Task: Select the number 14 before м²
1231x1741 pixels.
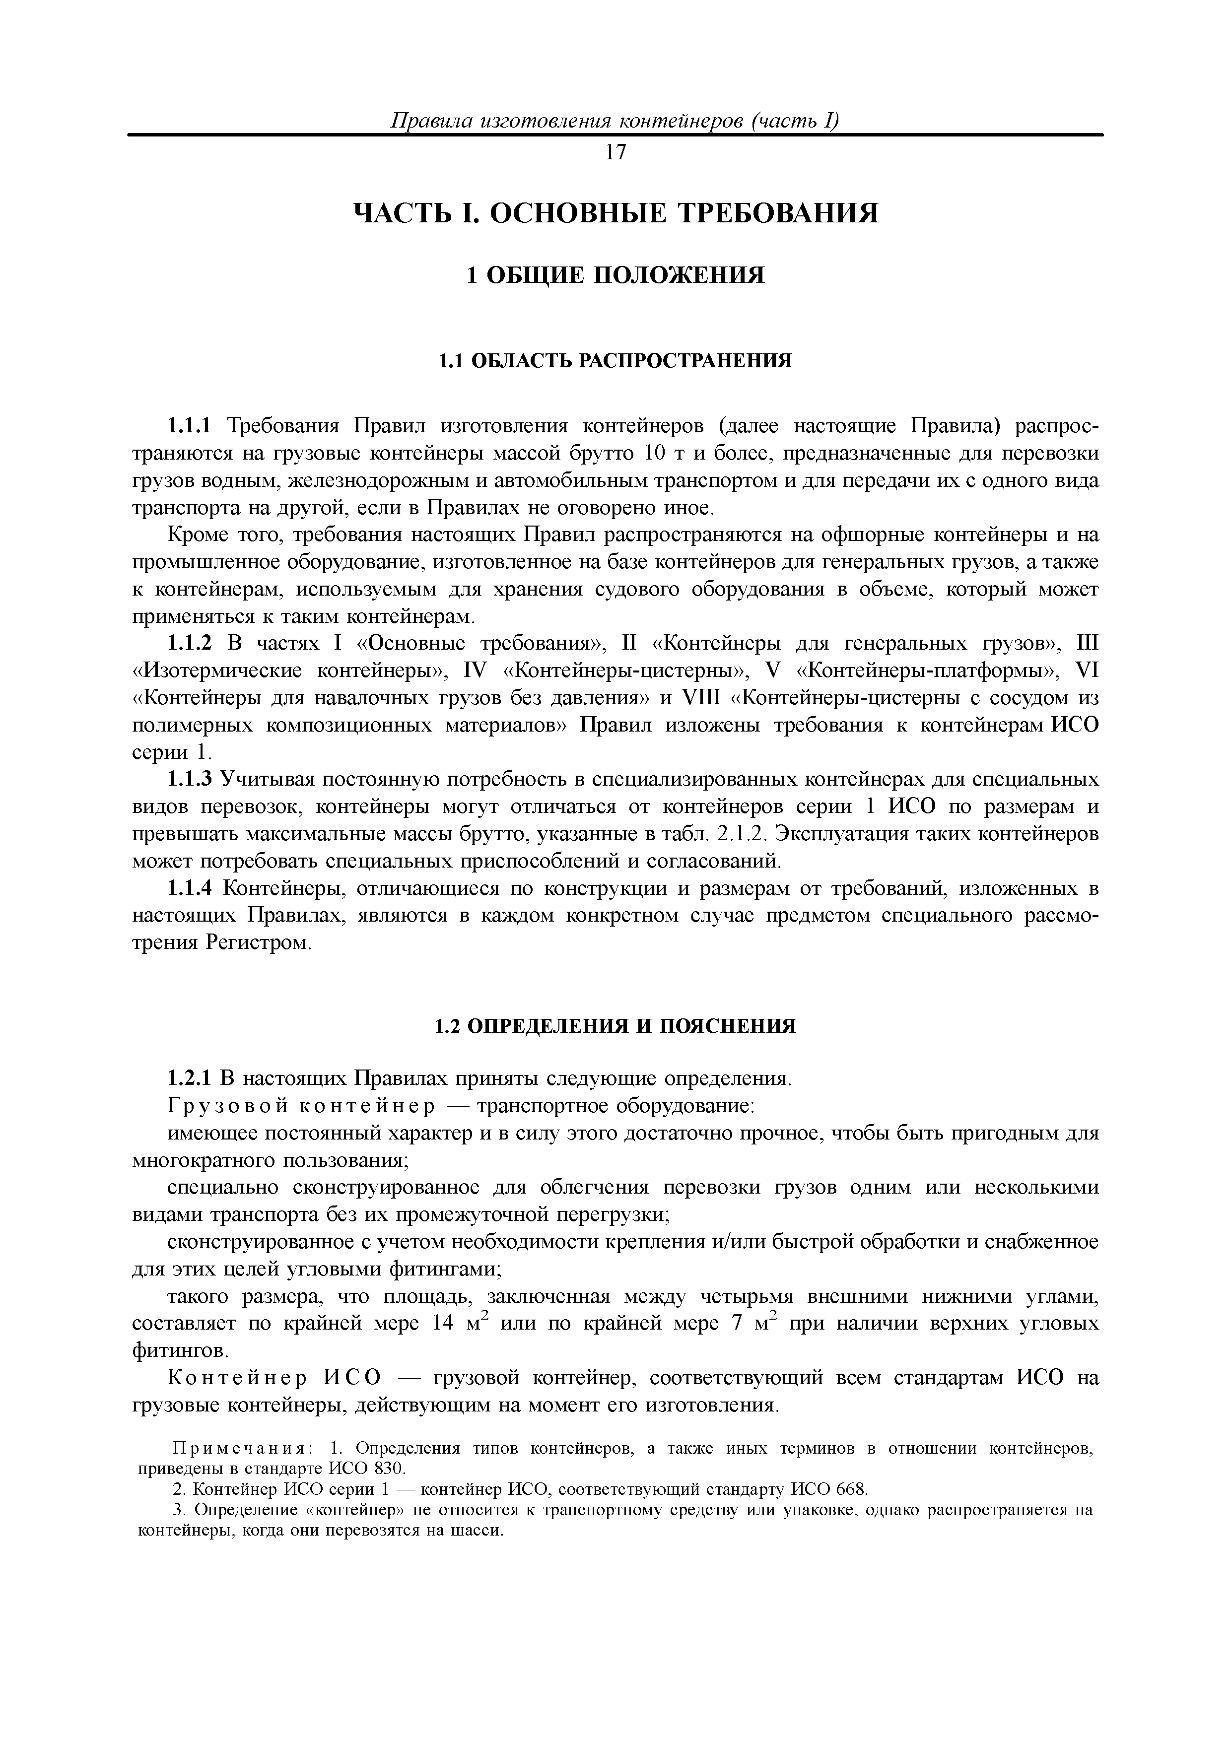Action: tap(442, 1324)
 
